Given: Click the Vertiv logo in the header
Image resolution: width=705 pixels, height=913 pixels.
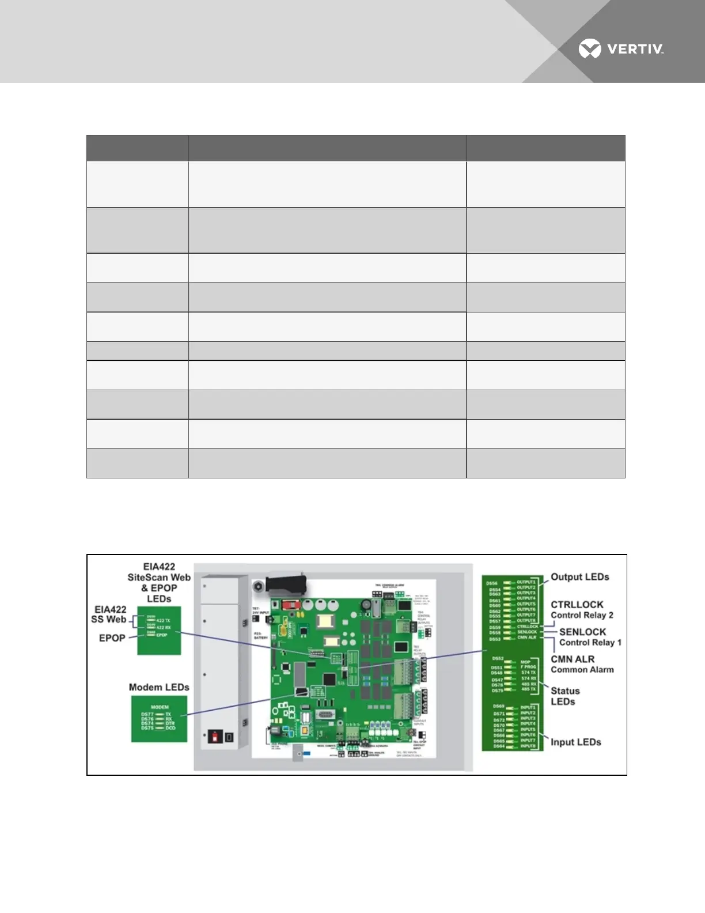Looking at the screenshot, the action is click(x=621, y=50).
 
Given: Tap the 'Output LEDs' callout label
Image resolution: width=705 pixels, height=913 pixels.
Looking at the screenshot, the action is click(x=579, y=577).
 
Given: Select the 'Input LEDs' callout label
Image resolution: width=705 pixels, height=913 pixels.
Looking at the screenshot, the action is click(x=575, y=742).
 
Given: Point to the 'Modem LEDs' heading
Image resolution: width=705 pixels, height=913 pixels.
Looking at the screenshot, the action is click(x=159, y=687).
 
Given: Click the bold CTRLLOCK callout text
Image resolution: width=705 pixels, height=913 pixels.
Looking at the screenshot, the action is click(x=577, y=605).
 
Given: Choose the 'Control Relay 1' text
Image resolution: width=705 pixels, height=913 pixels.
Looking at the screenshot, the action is click(x=590, y=643).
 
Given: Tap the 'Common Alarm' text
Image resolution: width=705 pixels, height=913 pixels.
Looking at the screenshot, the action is click(x=582, y=670).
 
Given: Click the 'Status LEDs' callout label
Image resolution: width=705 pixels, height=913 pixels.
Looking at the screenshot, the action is click(x=564, y=696).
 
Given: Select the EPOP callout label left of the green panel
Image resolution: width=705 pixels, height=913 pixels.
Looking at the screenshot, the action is click(x=112, y=638).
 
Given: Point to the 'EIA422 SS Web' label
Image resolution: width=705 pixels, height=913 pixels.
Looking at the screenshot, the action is click(x=109, y=614).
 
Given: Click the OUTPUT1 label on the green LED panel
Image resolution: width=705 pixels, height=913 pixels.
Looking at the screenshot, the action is click(x=526, y=582).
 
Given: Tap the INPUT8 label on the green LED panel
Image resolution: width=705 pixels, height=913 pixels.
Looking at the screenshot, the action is click(x=528, y=746).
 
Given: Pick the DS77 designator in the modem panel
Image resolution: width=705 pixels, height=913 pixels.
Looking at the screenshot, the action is click(x=147, y=714).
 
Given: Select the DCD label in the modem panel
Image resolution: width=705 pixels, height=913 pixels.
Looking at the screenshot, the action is click(x=170, y=728).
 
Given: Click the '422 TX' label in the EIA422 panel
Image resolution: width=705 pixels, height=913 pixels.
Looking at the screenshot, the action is click(x=164, y=621).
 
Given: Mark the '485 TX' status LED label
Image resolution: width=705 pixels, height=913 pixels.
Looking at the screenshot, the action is click(x=529, y=689).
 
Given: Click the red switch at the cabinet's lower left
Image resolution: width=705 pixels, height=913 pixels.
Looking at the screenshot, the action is click(x=216, y=737).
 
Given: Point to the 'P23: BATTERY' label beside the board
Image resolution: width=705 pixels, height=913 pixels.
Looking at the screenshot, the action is click(x=261, y=636).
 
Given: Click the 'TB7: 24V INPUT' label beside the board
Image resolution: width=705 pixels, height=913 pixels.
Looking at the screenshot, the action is click(x=260, y=610).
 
